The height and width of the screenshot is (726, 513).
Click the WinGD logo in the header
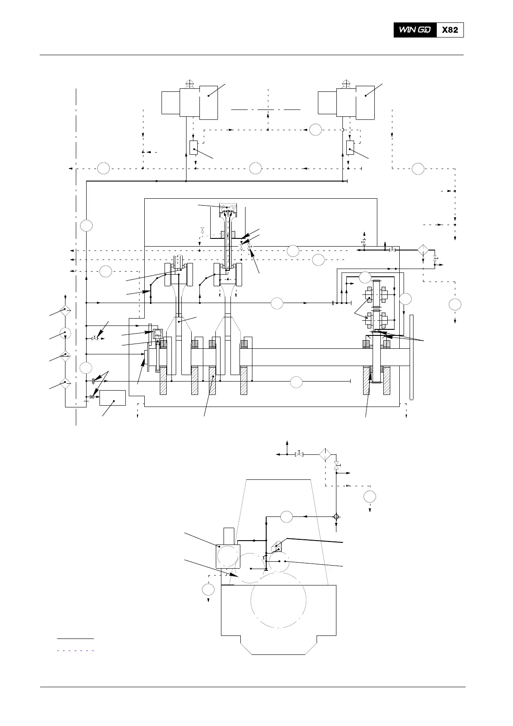click(x=414, y=30)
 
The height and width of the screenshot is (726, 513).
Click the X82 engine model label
click(x=450, y=30)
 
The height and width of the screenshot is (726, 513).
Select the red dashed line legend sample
click(x=75, y=650)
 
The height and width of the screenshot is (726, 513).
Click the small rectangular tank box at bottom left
click(x=112, y=398)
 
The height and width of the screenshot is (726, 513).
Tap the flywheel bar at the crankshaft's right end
click(x=411, y=357)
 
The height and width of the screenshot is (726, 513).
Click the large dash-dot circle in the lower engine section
click(x=278, y=600)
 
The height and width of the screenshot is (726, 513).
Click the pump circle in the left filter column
click(x=65, y=332)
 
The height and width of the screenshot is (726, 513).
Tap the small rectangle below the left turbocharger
click(x=193, y=147)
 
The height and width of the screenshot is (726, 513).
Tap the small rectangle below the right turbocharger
click(x=350, y=147)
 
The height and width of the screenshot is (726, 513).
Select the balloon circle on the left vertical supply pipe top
click(x=87, y=225)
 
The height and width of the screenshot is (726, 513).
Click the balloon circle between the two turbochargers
click(x=316, y=129)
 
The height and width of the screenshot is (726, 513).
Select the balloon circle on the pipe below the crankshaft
click(x=296, y=382)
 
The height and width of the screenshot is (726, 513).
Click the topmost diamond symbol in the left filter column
click(x=65, y=310)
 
